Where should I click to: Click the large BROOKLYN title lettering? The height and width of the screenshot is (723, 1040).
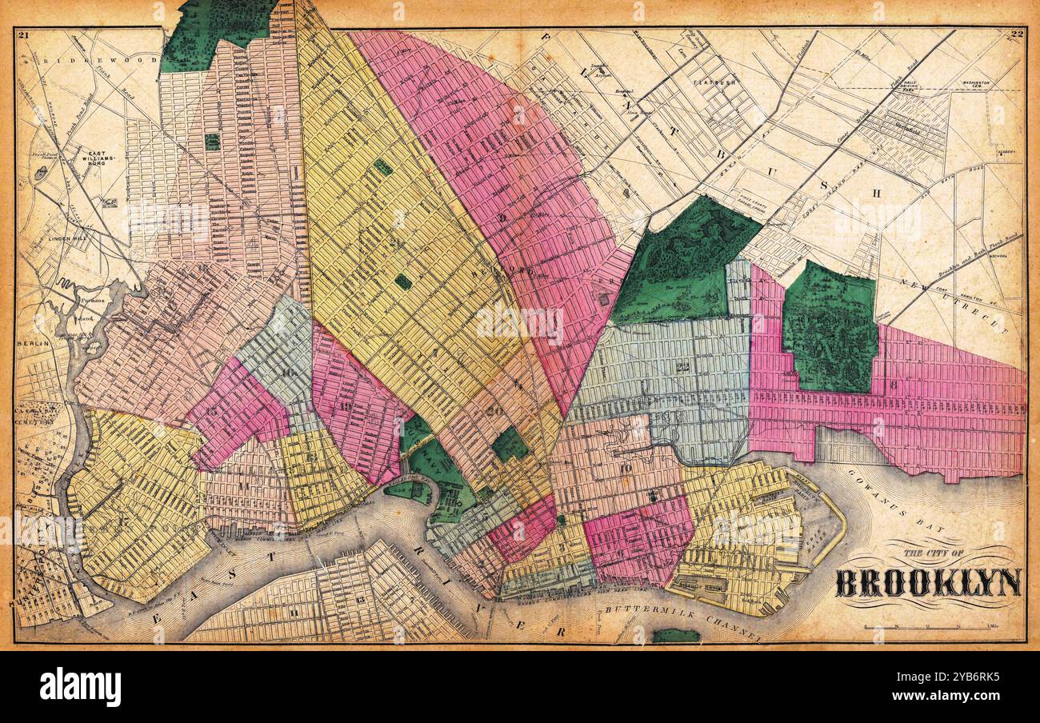pos(928,583)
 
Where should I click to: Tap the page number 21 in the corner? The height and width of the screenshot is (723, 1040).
pos(22,34)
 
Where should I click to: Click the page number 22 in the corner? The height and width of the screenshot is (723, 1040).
pos(1017,34)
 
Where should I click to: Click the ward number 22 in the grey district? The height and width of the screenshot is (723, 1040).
pos(682,367)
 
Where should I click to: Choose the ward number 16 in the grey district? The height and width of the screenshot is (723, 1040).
pos(286,372)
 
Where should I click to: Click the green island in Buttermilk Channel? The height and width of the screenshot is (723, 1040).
pos(676,636)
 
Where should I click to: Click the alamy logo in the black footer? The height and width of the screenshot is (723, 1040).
pos(80,686)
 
